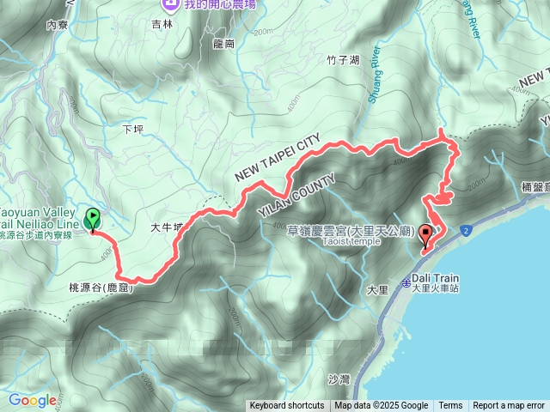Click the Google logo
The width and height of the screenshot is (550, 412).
pos(33,401)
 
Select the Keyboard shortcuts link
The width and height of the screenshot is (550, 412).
pos(287,406)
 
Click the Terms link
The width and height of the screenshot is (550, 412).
pos(450,406)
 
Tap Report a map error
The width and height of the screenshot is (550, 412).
pos(509,406)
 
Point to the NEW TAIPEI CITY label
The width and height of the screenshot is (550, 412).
pos(278,157)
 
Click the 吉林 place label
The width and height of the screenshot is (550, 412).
pos(162,25)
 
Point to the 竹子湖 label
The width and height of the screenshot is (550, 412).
pos(318,60)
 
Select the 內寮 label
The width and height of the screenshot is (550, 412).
pos(58,25)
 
